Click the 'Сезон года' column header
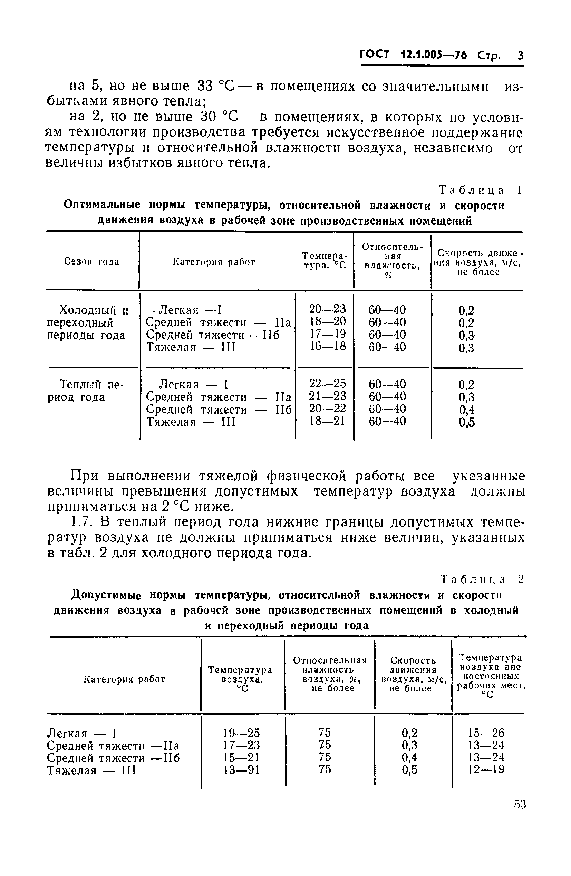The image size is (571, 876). (92, 262)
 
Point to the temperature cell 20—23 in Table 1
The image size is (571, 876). (327, 309)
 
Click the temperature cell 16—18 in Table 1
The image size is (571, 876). (328, 346)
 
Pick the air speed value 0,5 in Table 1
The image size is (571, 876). (466, 423)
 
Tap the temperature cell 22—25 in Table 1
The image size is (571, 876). (328, 384)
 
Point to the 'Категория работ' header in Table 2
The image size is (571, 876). (124, 679)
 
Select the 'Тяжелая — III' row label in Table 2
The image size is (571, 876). (92, 770)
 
